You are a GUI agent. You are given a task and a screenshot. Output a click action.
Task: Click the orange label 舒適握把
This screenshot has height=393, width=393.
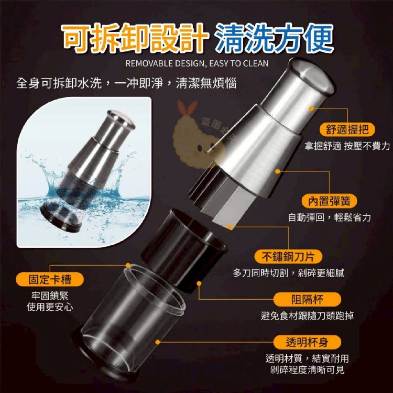pyautogui.click(x=347, y=130)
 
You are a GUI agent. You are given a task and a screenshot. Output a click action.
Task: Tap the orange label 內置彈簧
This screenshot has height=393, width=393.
pyautogui.click(x=329, y=201)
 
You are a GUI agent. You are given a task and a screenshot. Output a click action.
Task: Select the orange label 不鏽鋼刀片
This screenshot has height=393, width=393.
pyautogui.click(x=288, y=256)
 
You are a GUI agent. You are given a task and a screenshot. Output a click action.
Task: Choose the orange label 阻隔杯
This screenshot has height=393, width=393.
pyautogui.click(x=307, y=299)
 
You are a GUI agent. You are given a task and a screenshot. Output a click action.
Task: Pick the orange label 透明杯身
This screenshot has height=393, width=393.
pyautogui.click(x=307, y=342)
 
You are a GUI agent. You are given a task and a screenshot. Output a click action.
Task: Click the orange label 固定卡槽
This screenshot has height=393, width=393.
pyautogui.click(x=50, y=279)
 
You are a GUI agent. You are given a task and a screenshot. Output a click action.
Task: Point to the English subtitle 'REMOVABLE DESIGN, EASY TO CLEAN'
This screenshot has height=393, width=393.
pyautogui.click(x=196, y=63)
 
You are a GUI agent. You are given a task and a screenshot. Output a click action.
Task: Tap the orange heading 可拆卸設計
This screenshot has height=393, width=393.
pyautogui.click(x=135, y=38)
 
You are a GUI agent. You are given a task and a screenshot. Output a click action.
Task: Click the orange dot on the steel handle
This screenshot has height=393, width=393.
pyautogui.click(x=311, y=108)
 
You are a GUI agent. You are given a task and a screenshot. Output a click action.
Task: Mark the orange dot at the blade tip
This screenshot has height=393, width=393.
pyautogui.click(x=230, y=227)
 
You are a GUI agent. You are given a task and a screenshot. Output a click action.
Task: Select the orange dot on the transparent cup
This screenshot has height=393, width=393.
pyautogui.click(x=158, y=342)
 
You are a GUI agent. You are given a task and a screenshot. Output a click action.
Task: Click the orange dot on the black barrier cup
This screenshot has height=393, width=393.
pyautogui.click(x=199, y=283)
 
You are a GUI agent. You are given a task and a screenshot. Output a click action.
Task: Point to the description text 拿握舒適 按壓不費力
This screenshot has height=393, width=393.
pyautogui.click(x=347, y=146)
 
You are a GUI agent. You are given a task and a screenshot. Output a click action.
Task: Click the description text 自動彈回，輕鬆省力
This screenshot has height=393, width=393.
pyautogui.click(x=329, y=217)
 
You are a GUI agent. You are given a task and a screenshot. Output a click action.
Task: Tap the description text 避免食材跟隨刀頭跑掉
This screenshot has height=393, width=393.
pyautogui.click(x=307, y=315)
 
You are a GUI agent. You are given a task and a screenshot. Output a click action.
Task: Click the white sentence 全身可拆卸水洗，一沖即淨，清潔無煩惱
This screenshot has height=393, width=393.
pyautogui.click(x=126, y=83)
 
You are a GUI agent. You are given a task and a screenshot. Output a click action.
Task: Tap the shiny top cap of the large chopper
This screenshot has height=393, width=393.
pyautogui.click(x=312, y=75)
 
